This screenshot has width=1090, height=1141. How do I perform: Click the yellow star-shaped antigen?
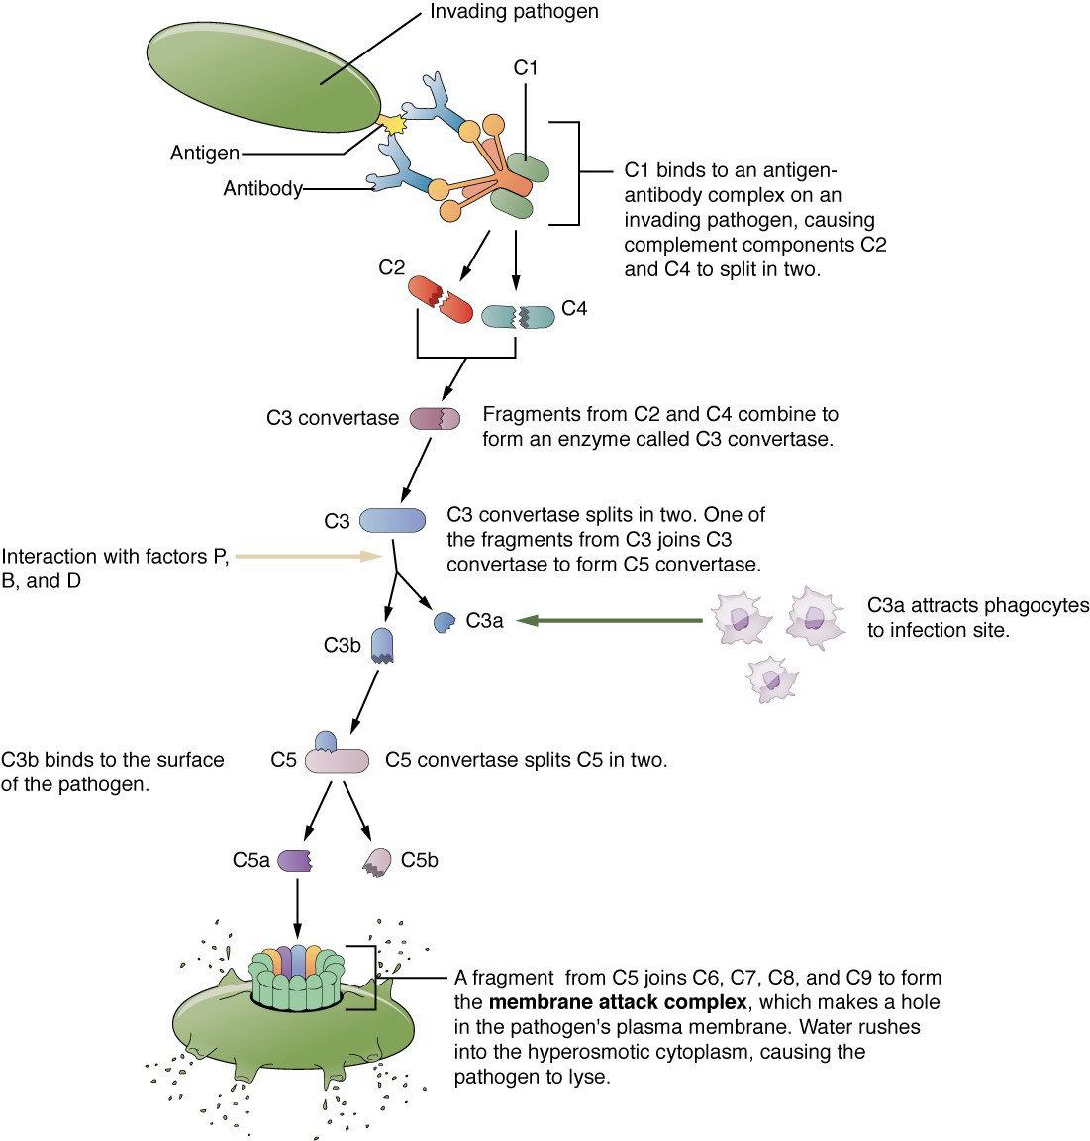pyautogui.click(x=393, y=124)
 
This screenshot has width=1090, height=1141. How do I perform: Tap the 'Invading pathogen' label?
pyautogui.click(x=514, y=12)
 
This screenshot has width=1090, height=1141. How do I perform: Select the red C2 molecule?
pyautogui.click(x=440, y=299)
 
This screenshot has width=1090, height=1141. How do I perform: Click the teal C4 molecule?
pyautogui.click(x=518, y=317)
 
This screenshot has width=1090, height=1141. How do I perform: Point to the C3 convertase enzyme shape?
pyautogui.click(x=435, y=418)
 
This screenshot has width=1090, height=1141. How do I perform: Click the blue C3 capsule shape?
pyautogui.click(x=393, y=520)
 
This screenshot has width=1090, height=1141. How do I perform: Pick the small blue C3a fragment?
pyautogui.click(x=444, y=622)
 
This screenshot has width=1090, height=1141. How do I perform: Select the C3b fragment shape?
pyautogui.click(x=382, y=646)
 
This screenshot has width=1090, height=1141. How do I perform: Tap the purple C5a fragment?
pyautogui.click(x=295, y=860)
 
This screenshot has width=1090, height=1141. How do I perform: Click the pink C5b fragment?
pyautogui.click(x=377, y=862)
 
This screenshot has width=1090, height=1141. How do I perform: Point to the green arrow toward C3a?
pyautogui.click(x=610, y=621)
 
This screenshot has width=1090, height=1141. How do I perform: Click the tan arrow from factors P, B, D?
pyautogui.click(x=309, y=556)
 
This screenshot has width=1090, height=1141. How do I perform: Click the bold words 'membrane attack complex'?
pyautogui.click(x=618, y=1002)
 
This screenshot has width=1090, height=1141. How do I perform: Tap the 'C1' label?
pyautogui.click(x=525, y=67)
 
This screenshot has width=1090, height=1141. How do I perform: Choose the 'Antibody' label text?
pyautogui.click(x=262, y=188)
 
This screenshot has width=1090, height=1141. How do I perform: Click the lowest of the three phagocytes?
pyautogui.click(x=771, y=679)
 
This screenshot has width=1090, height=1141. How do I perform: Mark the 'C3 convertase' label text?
pyautogui.click(x=333, y=418)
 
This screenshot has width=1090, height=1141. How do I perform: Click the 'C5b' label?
pyautogui.click(x=420, y=860)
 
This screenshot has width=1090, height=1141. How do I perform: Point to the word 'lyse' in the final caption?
pyautogui.click(x=589, y=1077)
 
